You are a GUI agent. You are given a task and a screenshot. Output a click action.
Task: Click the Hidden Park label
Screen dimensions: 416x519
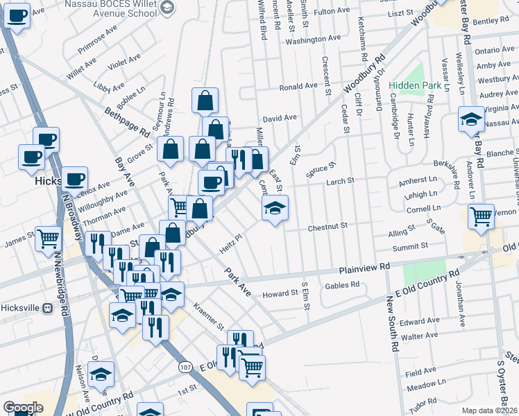[x=415, y=85]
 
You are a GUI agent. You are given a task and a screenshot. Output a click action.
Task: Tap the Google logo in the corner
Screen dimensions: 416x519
[x=23, y=408]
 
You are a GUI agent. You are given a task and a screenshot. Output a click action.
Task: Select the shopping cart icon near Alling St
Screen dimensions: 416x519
[x=481, y=216]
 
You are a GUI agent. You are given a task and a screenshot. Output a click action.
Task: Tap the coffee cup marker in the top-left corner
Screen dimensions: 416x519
[x=17, y=14]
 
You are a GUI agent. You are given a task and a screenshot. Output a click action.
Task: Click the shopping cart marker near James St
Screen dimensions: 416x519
[x=49, y=239]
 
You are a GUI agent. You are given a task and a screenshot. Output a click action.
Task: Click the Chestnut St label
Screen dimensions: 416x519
[x=327, y=226]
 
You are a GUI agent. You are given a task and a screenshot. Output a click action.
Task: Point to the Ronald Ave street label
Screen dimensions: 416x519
[x=298, y=88]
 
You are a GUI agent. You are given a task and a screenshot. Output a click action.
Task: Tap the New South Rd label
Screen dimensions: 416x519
[x=393, y=325]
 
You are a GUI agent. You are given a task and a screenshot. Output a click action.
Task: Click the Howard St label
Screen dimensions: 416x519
[x=280, y=294]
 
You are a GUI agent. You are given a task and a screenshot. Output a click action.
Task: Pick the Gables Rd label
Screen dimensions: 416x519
[x=345, y=284]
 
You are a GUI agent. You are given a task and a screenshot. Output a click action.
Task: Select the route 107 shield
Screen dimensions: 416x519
[x=185, y=366]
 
